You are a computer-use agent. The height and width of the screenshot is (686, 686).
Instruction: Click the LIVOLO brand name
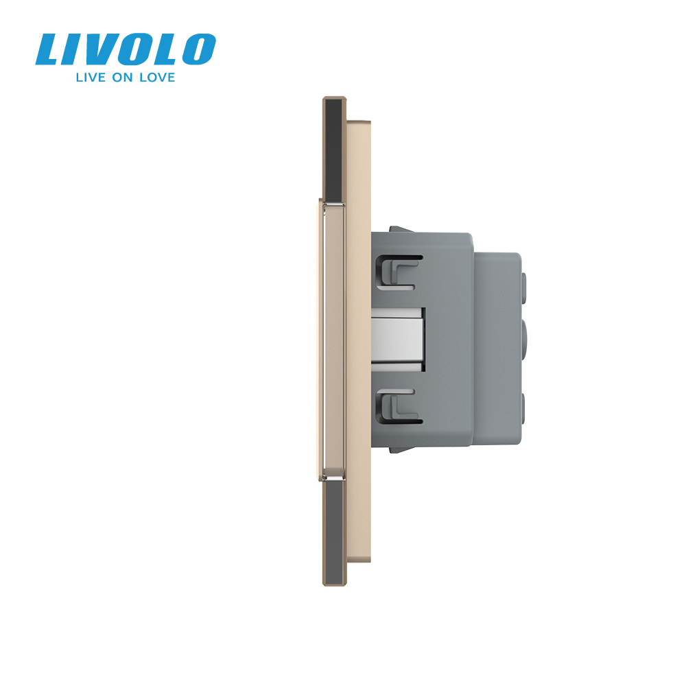tap(126, 49)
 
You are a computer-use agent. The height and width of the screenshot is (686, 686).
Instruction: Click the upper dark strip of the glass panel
tap(333, 150)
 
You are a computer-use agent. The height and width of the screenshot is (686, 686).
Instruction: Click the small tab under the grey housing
tap(399, 449)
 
